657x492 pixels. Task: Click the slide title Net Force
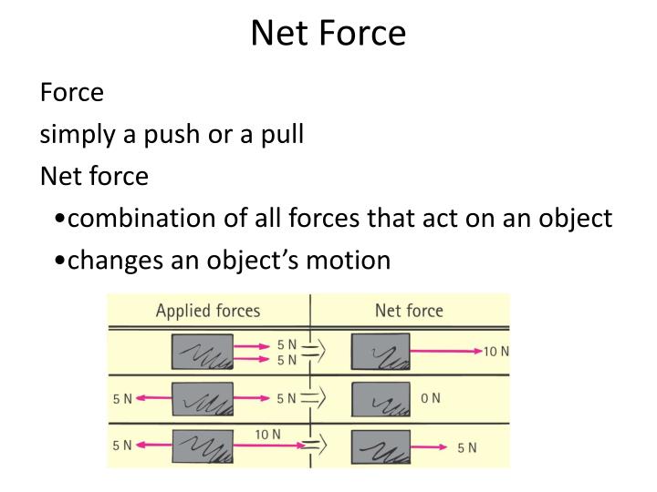tap(328, 34)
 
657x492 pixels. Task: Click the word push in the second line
tap(176, 134)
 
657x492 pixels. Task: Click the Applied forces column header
tap(208, 311)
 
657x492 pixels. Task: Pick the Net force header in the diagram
tap(409, 311)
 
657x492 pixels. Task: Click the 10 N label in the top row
tap(496, 352)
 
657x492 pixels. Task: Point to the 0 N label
tap(430, 399)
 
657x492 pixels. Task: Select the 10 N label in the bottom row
tap(268, 435)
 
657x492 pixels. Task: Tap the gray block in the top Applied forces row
tap(201, 352)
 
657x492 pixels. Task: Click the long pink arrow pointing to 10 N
tap(443, 351)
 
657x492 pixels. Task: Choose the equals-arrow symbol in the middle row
tap(314, 398)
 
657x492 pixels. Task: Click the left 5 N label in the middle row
tap(122, 399)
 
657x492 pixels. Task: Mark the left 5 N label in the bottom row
tap(122, 446)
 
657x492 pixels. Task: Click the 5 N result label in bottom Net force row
tap(467, 447)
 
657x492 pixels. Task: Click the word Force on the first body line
tap(72, 92)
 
